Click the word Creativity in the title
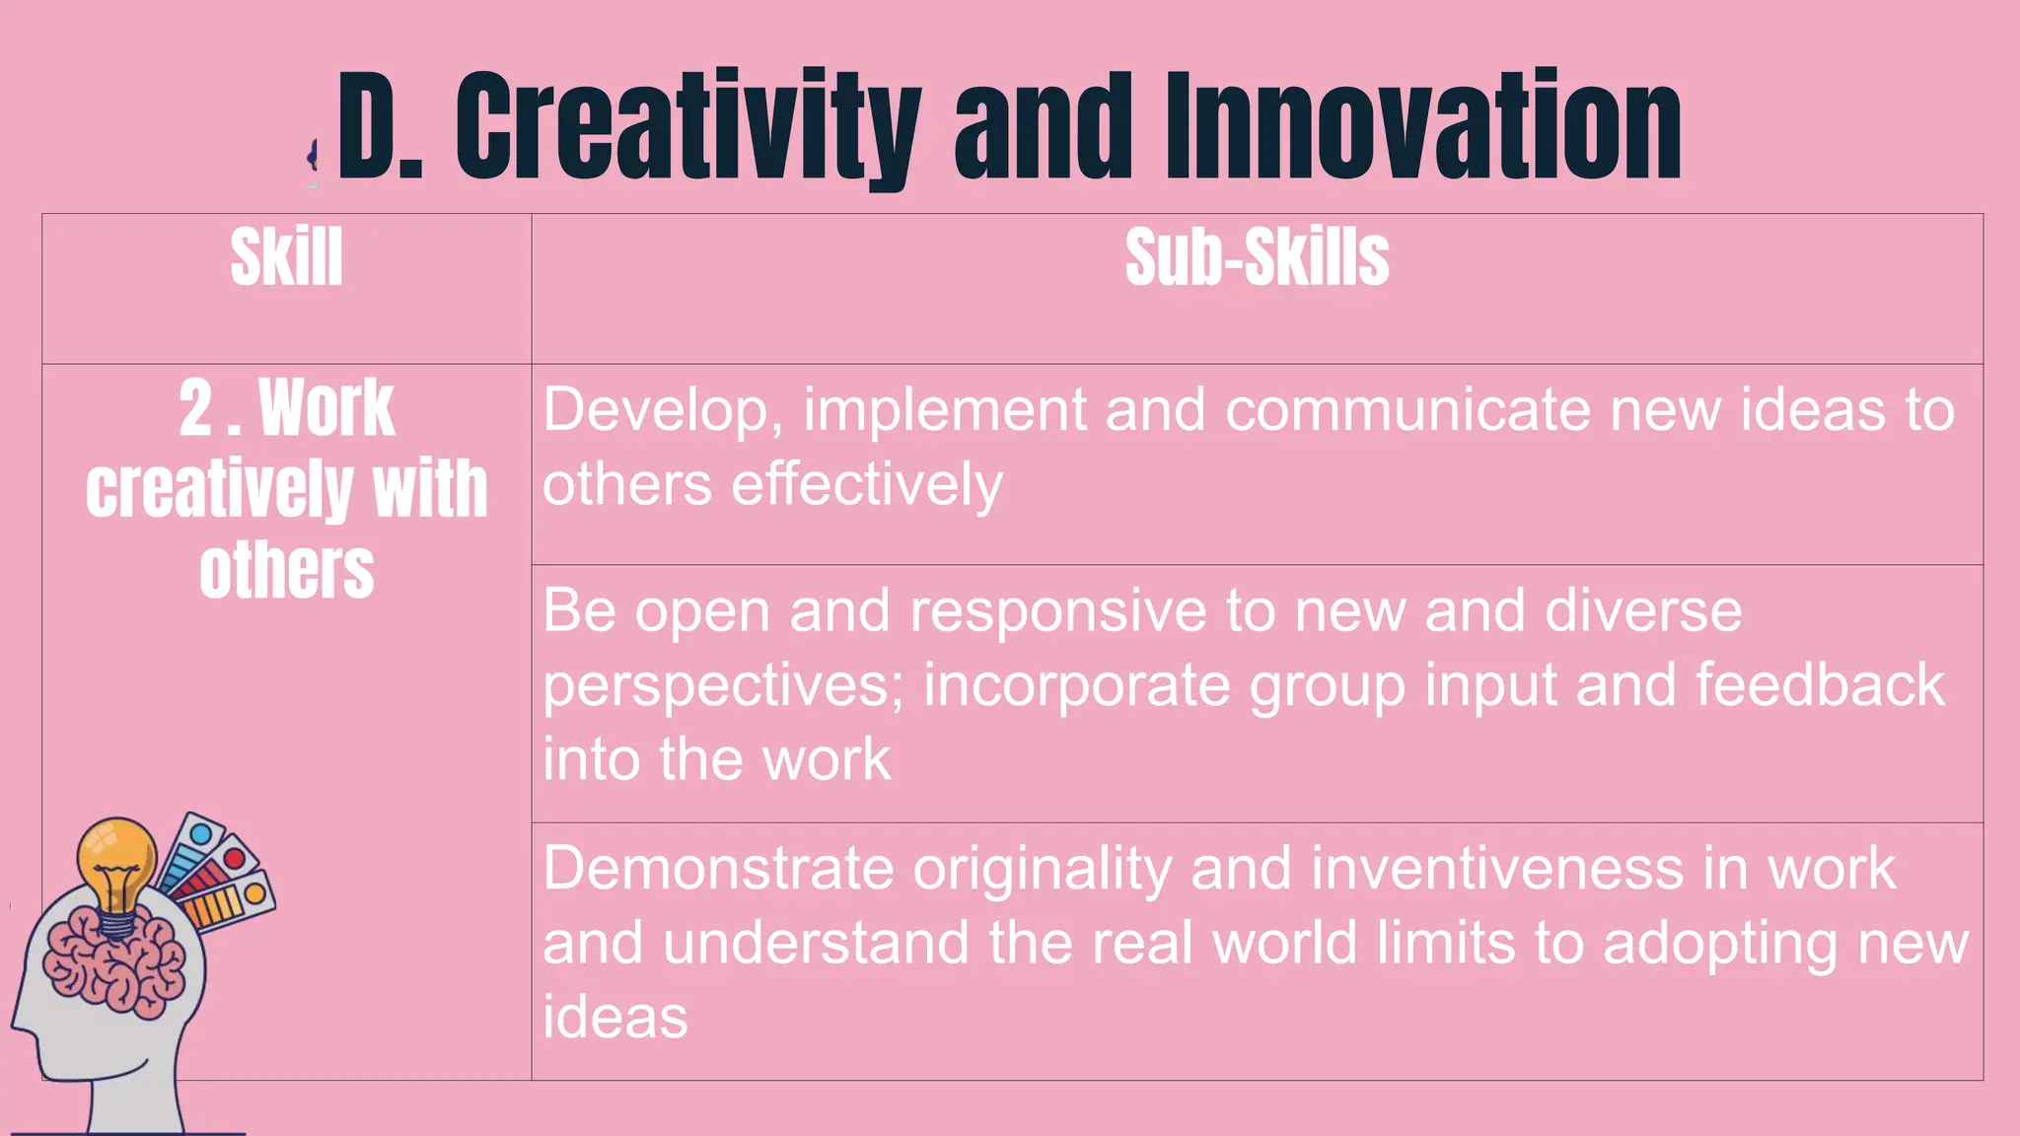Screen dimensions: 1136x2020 (687, 128)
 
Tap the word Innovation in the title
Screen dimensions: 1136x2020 (1423, 128)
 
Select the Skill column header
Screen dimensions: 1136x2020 (286, 258)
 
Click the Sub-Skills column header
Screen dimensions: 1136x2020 (1257, 258)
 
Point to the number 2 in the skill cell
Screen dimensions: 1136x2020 (196, 409)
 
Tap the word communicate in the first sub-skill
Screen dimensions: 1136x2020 (1407, 410)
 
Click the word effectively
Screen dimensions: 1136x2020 (866, 485)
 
